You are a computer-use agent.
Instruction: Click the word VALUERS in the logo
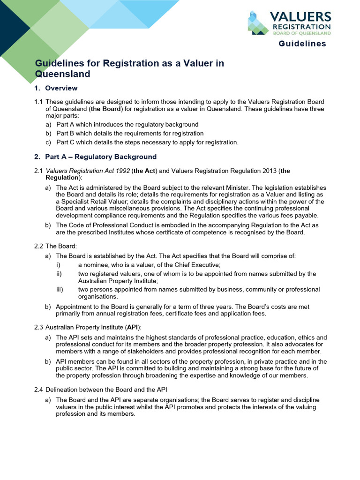pos(300,18)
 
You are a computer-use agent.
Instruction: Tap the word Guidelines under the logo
pos(302,44)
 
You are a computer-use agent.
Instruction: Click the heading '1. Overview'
pos(56,88)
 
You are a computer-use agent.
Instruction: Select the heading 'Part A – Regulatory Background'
pos(100,157)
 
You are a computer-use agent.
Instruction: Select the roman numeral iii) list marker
pos(60,290)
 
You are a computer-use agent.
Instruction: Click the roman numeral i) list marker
pos(58,265)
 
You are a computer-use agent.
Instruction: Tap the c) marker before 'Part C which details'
pos(48,142)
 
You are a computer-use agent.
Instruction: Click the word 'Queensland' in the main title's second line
pos(63,74)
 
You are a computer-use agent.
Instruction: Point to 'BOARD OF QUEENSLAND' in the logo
pos(302,34)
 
